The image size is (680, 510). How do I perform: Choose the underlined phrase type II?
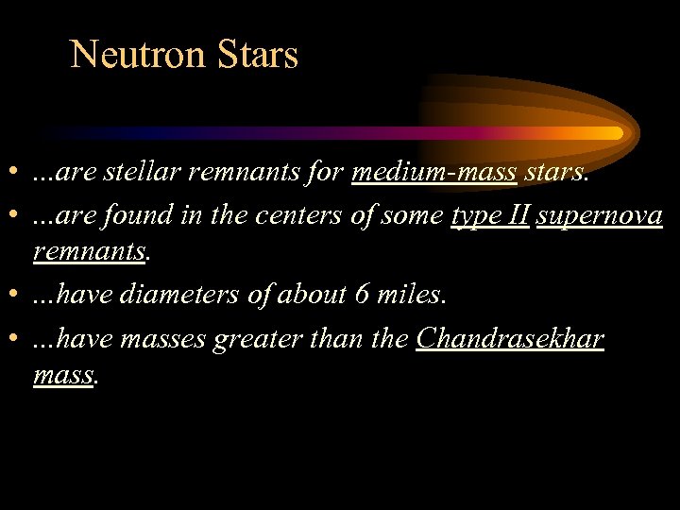490,216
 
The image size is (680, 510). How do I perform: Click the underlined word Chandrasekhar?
509,337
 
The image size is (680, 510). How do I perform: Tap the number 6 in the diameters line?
362,296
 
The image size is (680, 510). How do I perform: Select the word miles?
410,296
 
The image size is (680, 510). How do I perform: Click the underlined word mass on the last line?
62,376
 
